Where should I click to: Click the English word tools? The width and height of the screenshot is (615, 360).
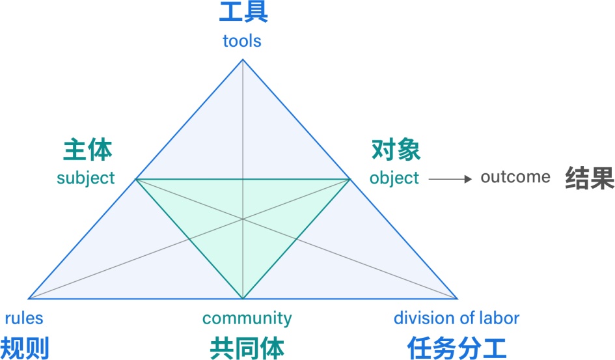[241, 41]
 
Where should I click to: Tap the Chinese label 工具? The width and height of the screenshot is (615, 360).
[243, 13]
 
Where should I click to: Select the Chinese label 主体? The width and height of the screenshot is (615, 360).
[88, 150]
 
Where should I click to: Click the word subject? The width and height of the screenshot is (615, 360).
[85, 177]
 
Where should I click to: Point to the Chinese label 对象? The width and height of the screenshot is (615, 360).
[396, 150]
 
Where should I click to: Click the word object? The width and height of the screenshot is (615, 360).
[394, 178]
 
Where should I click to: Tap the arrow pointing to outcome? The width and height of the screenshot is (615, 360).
[450, 178]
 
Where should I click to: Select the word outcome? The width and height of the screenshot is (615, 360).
[515, 177]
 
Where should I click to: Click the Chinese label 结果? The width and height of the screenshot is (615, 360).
[589, 177]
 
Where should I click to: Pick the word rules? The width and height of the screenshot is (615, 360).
[24, 318]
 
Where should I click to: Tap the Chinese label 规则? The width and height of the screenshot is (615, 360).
[25, 348]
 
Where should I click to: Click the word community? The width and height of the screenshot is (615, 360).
[247, 318]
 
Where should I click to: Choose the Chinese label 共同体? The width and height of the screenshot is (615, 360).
[247, 348]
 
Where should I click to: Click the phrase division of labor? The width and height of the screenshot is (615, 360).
[456, 318]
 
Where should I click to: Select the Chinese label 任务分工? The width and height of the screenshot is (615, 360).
[457, 348]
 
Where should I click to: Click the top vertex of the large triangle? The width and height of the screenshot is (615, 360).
[243, 60]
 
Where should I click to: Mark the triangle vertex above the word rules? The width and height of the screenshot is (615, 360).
[29, 299]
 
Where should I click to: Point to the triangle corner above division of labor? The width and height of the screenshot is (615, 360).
[458, 299]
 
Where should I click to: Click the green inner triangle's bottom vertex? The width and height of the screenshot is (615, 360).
[243, 299]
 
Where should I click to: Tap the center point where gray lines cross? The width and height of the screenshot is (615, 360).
[243, 219]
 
